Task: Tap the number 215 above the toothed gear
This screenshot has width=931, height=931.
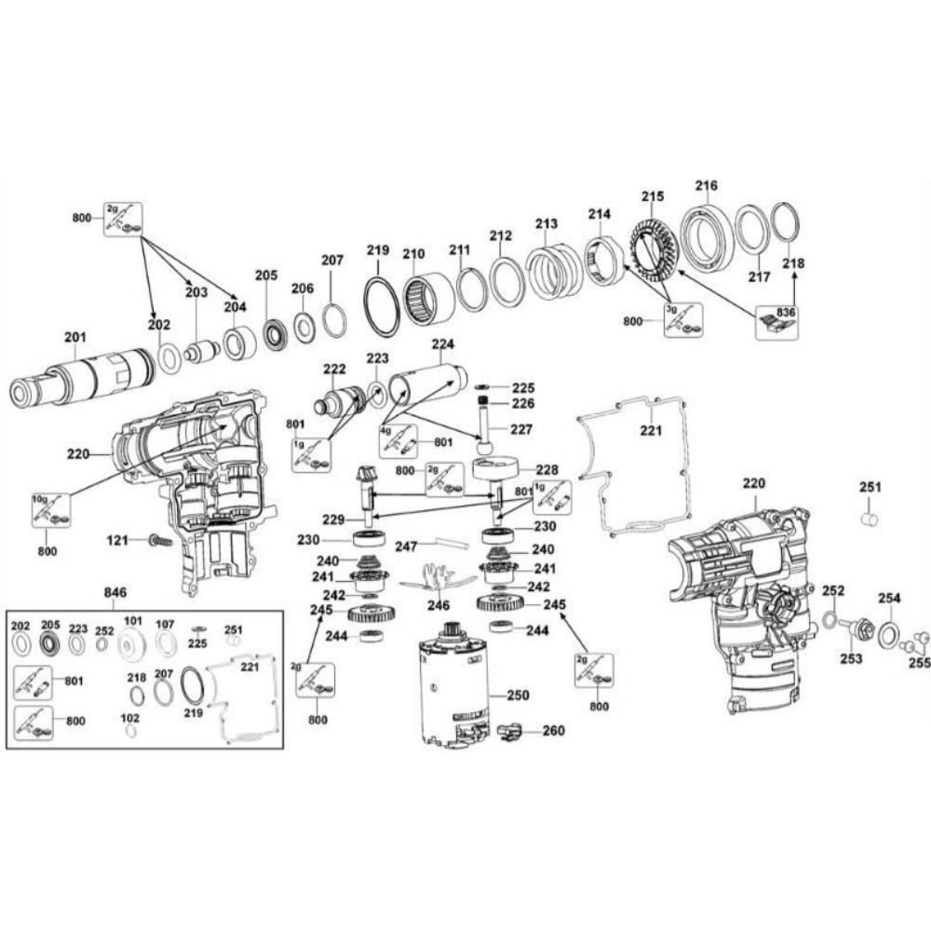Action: (x=652, y=196)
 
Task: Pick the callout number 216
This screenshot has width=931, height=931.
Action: (x=707, y=185)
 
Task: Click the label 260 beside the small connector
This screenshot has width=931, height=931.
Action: (x=553, y=731)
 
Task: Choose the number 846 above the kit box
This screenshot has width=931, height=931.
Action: (x=115, y=592)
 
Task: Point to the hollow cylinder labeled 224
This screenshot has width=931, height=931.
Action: (x=427, y=385)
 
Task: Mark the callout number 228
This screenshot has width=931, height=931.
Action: (x=546, y=469)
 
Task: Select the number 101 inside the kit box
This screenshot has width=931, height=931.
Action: (x=133, y=621)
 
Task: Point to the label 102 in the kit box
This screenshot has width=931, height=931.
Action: (x=130, y=718)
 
